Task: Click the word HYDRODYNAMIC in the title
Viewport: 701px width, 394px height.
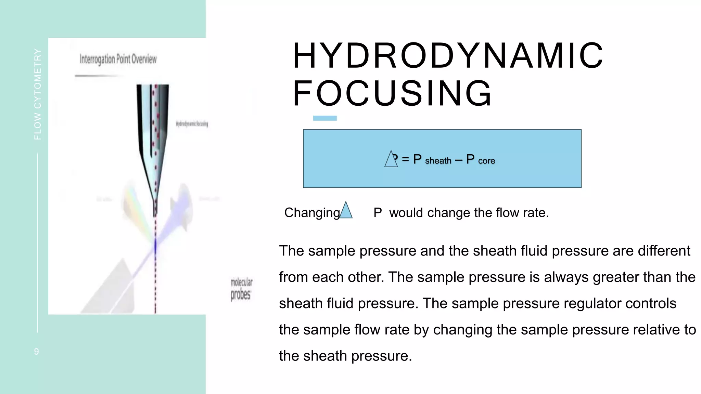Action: [448, 55]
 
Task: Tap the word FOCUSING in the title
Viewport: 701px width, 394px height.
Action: [392, 93]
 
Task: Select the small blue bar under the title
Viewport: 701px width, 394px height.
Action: [325, 118]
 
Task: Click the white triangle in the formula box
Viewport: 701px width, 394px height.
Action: [391, 159]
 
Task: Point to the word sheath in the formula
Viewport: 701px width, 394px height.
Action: [438, 161]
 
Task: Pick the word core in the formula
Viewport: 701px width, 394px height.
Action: [486, 161]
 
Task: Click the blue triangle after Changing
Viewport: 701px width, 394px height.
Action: [346, 211]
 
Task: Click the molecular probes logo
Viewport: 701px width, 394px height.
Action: [241, 289]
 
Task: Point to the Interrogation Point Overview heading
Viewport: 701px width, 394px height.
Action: [118, 59]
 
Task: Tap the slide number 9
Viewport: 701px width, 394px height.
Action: [37, 351]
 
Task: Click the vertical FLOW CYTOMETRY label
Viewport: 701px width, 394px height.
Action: [38, 94]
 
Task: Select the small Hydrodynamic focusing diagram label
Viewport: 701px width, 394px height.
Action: [192, 124]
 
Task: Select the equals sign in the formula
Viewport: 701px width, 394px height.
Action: [405, 159]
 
